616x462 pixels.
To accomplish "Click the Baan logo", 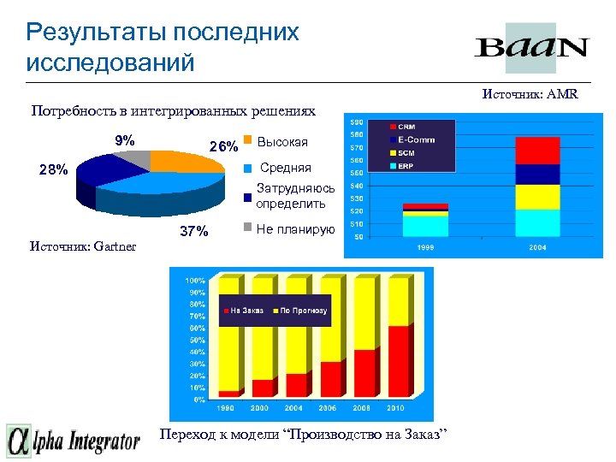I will (x=530, y=47).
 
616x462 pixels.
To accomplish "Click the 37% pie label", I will (x=192, y=231).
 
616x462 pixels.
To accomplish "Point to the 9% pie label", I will (x=124, y=140).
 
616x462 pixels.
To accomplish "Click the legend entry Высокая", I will (x=282, y=141).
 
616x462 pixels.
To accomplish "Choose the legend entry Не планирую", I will (x=296, y=229).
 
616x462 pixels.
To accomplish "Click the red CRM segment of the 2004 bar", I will (x=537, y=150).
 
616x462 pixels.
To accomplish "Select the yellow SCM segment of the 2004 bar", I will (x=537, y=197).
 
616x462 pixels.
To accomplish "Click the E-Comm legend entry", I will (x=416, y=140).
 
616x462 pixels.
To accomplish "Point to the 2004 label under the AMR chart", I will (x=536, y=247).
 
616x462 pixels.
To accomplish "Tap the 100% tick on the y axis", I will (x=195, y=280).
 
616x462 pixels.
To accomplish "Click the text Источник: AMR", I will (x=530, y=94).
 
